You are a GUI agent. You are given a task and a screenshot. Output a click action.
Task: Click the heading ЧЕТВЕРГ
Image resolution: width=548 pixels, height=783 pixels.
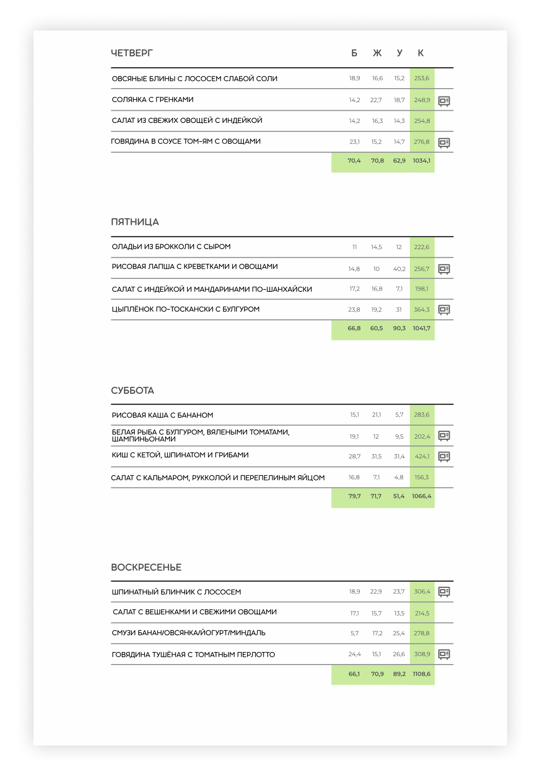(131, 53)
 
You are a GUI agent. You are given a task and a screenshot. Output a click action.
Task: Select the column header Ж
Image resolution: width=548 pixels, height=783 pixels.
(377, 53)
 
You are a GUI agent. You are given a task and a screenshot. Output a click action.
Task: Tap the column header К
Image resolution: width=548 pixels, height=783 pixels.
(420, 53)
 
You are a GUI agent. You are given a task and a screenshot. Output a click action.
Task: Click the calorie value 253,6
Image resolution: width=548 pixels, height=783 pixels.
(421, 78)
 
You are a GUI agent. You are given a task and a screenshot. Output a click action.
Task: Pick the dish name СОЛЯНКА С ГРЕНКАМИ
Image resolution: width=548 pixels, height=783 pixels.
(153, 100)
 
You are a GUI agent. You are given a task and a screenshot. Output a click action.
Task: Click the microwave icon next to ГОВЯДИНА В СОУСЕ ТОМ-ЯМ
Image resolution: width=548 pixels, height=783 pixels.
(444, 143)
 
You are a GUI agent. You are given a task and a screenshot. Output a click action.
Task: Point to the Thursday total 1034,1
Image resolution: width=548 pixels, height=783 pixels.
(421, 161)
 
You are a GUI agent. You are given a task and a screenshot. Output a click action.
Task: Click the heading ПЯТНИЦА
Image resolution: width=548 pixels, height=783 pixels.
(135, 222)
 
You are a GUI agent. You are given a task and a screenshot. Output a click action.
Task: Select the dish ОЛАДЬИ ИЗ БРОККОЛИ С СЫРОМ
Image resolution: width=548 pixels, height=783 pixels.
(171, 247)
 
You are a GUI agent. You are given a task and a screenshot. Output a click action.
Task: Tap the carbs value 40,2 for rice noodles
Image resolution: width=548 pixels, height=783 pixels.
(399, 269)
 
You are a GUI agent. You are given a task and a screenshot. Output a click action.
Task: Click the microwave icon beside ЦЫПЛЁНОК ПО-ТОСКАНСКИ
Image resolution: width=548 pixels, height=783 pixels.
(444, 310)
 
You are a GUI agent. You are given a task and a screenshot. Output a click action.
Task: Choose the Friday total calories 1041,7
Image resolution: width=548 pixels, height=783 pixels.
(421, 328)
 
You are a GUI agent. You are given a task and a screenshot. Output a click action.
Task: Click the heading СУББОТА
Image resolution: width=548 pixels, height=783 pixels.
(132, 391)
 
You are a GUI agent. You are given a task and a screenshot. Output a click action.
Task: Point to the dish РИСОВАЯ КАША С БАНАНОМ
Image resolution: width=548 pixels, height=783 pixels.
(162, 415)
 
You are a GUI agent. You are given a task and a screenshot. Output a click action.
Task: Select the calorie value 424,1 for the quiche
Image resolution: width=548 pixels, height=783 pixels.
(422, 457)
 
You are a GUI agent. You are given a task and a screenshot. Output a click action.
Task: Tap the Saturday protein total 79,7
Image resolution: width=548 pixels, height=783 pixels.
(354, 496)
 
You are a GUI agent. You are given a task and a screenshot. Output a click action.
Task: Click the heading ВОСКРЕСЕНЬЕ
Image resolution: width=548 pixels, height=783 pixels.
(146, 567)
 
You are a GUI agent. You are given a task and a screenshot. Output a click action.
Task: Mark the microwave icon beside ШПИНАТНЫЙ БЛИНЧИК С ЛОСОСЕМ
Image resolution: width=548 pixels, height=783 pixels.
(444, 592)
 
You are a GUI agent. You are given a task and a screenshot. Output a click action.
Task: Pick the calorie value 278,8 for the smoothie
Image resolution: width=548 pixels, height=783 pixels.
(421, 633)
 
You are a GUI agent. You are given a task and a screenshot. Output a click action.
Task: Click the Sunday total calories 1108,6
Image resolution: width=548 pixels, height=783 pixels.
(421, 674)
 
